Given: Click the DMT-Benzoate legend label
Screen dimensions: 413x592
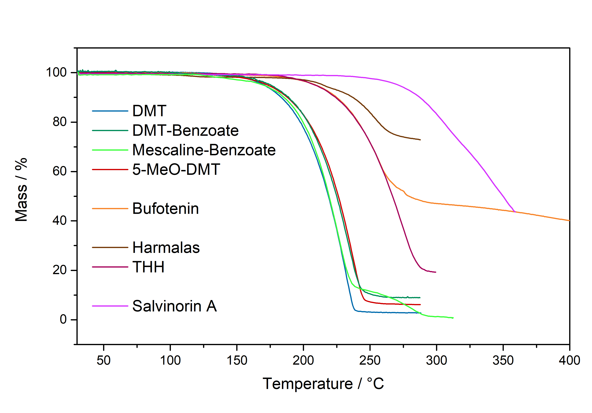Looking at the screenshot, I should point(185,131).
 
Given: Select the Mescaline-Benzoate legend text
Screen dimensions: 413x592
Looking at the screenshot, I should point(204,150).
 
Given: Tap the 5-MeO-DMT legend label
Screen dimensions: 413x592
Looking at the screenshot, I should point(176,169).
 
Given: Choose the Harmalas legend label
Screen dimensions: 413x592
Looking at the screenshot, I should point(166,248).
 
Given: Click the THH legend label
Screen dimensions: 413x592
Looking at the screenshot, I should point(148,267).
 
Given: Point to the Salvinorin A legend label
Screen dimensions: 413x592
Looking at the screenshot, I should point(175,306).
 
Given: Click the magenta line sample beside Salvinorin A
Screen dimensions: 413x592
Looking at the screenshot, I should point(110,306).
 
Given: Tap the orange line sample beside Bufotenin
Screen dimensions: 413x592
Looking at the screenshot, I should point(110,208).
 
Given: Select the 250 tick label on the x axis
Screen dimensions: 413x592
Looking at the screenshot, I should point(370,360).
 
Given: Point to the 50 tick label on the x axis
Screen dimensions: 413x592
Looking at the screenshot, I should point(104,360).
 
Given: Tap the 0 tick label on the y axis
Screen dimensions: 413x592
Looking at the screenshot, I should point(63,320).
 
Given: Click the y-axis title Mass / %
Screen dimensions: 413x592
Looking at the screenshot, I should point(21,190).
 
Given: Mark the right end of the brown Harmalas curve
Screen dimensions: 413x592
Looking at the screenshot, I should point(420,140).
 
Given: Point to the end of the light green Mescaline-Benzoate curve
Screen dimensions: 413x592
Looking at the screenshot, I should point(453,318).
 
